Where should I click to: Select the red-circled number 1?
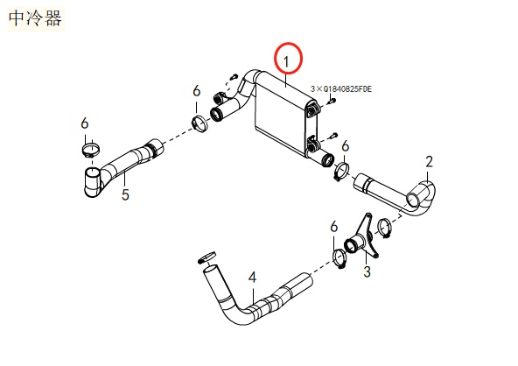pyautogui.click(x=287, y=59)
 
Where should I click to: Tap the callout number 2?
pyautogui.click(x=429, y=161)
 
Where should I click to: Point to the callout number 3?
pyautogui.click(x=367, y=272)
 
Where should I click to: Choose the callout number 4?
pyautogui.click(x=252, y=278)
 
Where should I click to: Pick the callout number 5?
pyautogui.click(x=125, y=194)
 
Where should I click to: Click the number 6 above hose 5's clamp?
pyautogui.click(x=85, y=124)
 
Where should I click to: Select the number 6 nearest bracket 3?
pyautogui.click(x=333, y=228)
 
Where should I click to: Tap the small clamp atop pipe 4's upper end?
pyautogui.click(x=207, y=256)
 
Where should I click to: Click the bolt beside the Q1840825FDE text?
pyautogui.click(x=332, y=102)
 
